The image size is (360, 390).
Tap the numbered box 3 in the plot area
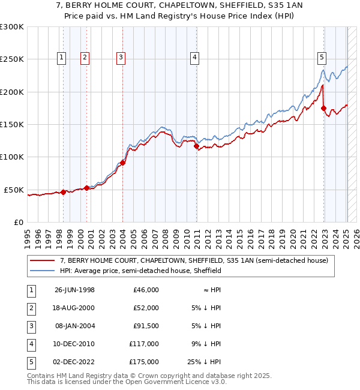pyautogui.click(x=121, y=58)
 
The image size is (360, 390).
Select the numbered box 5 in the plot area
pyautogui.click(x=322, y=58)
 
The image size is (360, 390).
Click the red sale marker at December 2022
pyautogui.click(x=324, y=109)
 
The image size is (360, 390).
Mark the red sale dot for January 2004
pyautogui.click(x=122, y=163)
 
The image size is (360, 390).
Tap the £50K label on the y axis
pyautogui.click(x=14, y=190)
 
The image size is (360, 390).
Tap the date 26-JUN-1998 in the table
pyautogui.click(x=74, y=290)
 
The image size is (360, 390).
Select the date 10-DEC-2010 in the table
pyautogui.click(x=74, y=344)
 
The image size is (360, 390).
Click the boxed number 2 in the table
pyautogui.click(x=30, y=308)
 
